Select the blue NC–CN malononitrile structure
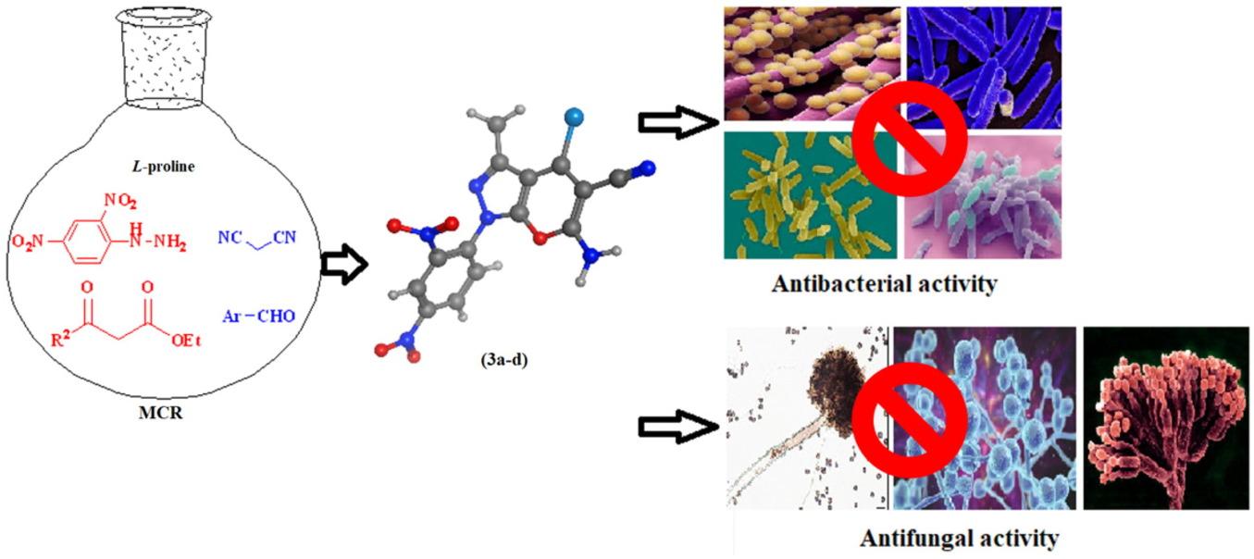pos(263,237)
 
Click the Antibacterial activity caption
pos(884,284)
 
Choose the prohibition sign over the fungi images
pos(909,418)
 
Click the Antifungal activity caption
pos(959,538)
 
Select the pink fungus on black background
pos(1165,418)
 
